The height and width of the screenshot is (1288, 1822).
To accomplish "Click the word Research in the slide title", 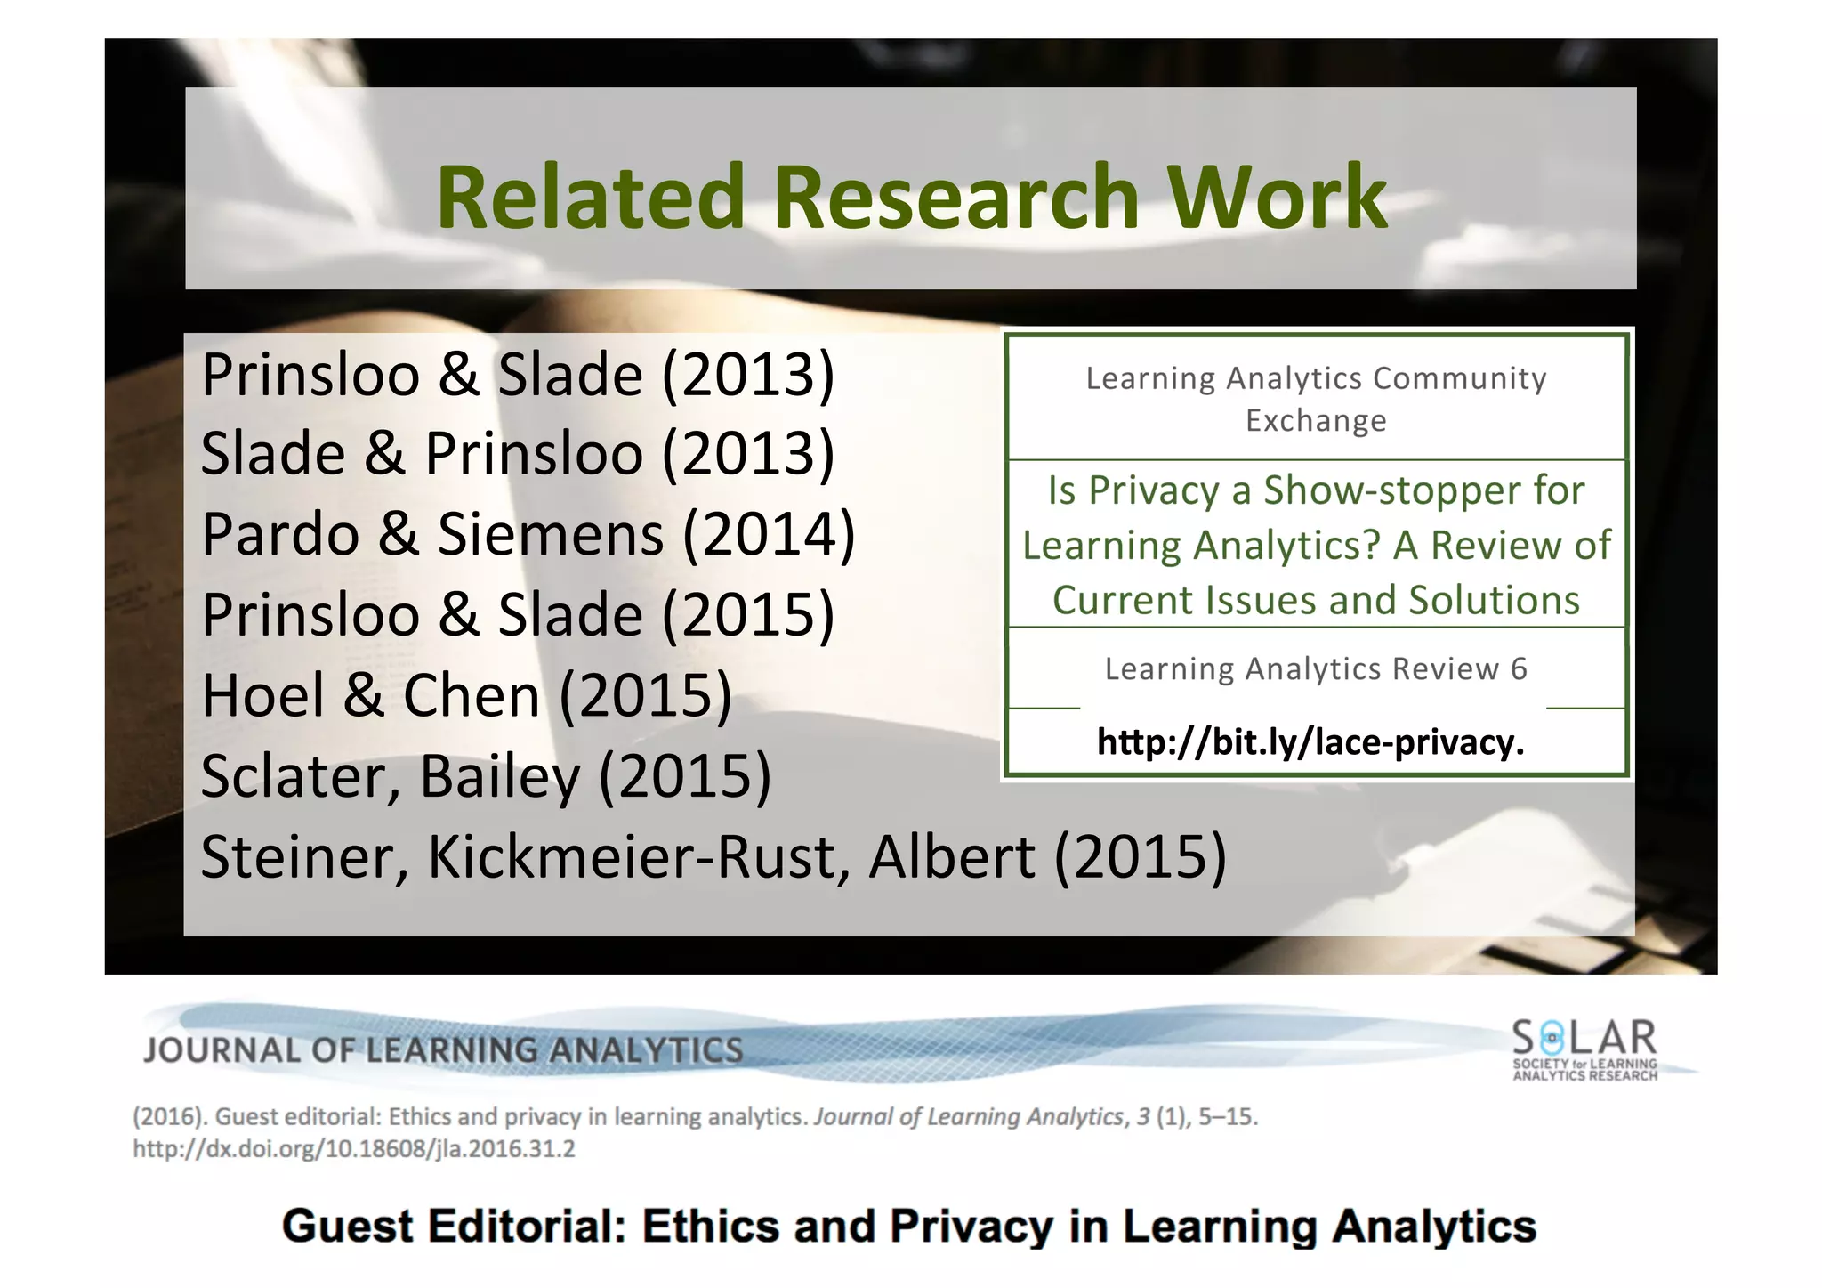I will point(955,197).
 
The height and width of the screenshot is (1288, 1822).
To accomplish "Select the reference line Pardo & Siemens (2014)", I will point(528,534).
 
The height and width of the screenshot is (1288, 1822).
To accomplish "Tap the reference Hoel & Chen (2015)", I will point(466,695).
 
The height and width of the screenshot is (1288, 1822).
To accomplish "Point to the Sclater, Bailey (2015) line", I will point(486,776).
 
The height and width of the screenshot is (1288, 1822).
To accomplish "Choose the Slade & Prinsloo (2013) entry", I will point(517,453).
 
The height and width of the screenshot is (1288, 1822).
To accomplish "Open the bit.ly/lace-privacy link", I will point(1310,741).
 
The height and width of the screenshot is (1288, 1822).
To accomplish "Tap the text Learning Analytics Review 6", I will point(1316,668).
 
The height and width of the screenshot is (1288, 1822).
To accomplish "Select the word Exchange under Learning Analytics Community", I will point(1316,420).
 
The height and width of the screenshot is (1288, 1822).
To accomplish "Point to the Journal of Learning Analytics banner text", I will point(443,1050).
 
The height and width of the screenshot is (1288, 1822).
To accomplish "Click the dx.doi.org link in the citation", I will point(354,1149).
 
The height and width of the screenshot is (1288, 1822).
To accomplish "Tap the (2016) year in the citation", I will point(168,1116).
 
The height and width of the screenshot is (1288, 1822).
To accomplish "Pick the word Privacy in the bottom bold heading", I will point(971,1226).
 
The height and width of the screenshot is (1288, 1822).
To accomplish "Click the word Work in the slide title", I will point(1277,197).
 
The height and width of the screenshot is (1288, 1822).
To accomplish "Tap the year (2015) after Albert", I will point(1141,856).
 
